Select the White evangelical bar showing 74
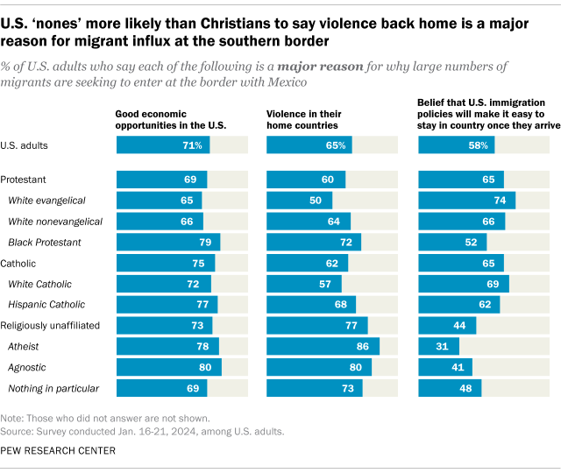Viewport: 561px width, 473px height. (466, 200)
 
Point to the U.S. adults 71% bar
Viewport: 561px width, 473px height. (161, 145)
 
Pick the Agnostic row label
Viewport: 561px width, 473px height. (27, 368)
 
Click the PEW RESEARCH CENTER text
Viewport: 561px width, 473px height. (59, 450)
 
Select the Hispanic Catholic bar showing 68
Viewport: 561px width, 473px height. (311, 305)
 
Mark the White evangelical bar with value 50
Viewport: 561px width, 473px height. (299, 200)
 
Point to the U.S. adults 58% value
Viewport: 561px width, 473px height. (477, 145)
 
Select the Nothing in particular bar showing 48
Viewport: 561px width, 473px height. (450, 389)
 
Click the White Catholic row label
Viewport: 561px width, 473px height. (40, 284)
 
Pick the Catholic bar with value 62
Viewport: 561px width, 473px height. (307, 263)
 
